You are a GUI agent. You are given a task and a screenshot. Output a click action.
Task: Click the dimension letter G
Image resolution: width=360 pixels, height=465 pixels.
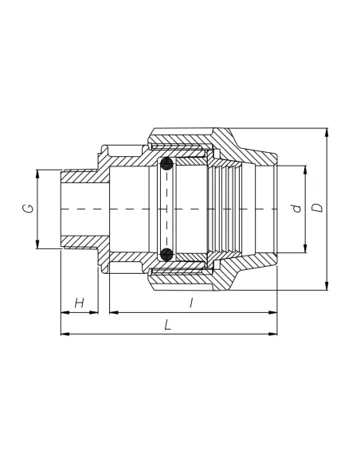(28, 209)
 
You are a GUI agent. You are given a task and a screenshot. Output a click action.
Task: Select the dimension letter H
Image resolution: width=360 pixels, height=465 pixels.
(80, 303)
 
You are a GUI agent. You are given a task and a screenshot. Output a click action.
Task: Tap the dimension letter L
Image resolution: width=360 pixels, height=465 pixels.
(168, 324)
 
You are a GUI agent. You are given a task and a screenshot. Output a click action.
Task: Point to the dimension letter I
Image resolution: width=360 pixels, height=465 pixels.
(192, 303)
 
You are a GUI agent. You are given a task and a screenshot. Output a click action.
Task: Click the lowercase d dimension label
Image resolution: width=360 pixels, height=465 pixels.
(296, 209)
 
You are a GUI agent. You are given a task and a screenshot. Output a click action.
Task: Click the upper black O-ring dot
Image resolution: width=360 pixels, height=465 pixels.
(166, 164)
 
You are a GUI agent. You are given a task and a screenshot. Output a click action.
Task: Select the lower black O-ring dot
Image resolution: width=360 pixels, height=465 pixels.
(166, 255)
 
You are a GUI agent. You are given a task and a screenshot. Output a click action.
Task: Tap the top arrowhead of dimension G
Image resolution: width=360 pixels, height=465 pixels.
(37, 174)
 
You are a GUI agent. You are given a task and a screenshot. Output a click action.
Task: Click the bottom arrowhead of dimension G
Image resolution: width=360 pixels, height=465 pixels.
(37, 244)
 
